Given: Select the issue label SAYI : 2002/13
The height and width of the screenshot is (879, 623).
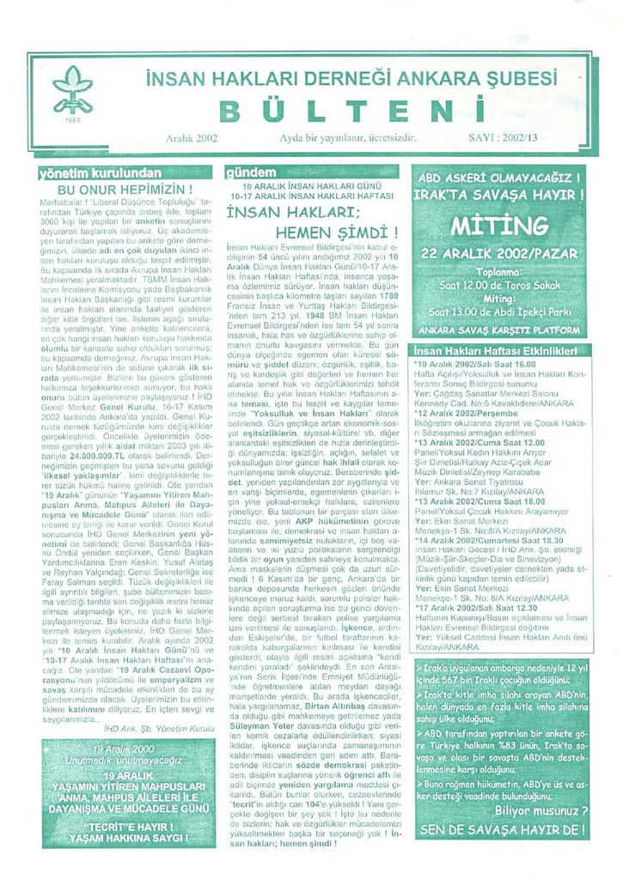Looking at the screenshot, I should (503, 136).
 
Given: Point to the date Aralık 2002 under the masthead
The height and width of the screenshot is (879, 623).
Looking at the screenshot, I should (190, 136).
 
